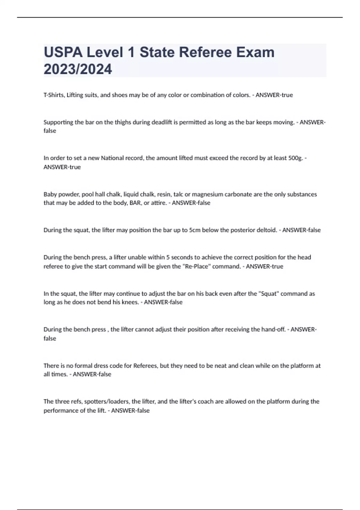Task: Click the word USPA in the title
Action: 63,52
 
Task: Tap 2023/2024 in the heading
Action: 78,69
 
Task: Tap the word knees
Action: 130,302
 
